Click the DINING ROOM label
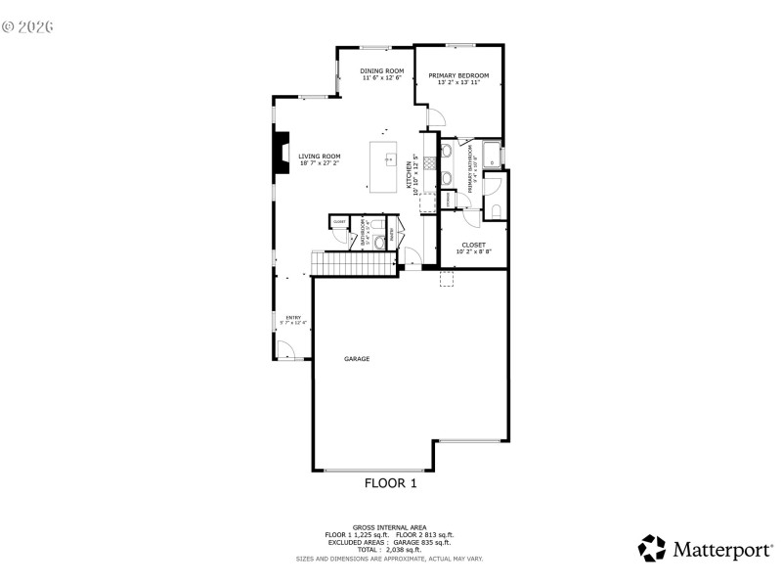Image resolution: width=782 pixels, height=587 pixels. click(381, 70)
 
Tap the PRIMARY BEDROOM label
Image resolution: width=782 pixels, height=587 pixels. click(458, 75)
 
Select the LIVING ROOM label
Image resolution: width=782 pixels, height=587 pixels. click(320, 156)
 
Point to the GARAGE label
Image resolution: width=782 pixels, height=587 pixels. click(357, 359)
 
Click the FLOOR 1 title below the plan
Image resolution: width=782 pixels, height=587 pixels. click(391, 483)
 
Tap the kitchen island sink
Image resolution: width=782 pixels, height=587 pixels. click(388, 159)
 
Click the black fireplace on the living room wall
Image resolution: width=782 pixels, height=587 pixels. click(282, 154)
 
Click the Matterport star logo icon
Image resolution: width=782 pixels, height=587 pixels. click(652, 548)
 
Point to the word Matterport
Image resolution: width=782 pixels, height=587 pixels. click(719, 550)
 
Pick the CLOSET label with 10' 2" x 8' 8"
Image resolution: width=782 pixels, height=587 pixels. click(473, 245)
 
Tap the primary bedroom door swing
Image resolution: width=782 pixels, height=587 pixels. click(435, 118)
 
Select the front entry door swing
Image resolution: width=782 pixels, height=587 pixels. click(285, 350)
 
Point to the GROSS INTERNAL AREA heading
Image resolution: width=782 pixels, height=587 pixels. click(389, 526)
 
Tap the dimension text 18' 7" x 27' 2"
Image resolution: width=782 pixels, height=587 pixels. click(320, 163)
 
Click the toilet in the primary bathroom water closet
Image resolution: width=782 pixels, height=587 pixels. click(495, 210)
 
